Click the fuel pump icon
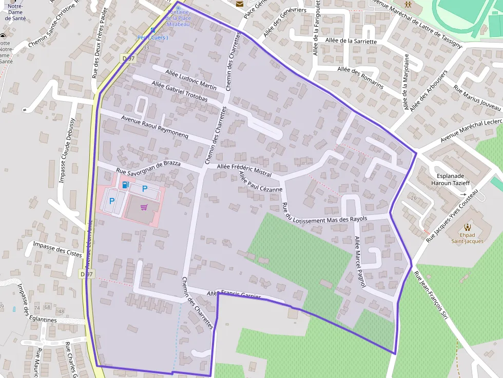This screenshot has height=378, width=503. click(x=125, y=185)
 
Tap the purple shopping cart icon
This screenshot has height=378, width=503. click(x=144, y=207)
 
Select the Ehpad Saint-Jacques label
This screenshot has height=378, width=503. click(x=467, y=237)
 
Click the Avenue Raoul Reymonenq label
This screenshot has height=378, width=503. click(x=155, y=127)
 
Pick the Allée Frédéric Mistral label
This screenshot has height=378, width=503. click(x=244, y=170)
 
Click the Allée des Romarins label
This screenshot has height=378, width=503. click(x=360, y=77)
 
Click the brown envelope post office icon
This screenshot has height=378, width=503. click(x=240, y=4)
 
